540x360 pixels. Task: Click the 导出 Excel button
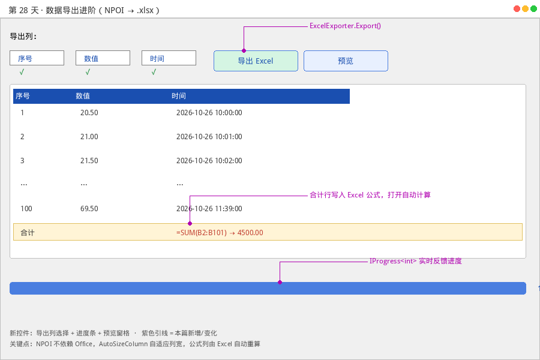(x=256, y=61)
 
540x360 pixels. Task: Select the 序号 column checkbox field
(x=37, y=58)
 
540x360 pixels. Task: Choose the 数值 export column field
(x=103, y=58)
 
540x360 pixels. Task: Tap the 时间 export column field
(x=169, y=58)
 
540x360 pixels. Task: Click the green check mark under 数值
(x=88, y=71)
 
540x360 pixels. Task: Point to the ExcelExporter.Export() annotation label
(x=345, y=26)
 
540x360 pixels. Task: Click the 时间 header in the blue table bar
(x=178, y=96)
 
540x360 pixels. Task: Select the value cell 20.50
(x=89, y=113)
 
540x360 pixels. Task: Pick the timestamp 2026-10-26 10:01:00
(x=209, y=137)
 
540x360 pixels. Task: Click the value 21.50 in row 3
(x=89, y=161)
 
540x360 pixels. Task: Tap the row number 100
(x=26, y=208)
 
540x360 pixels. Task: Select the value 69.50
(x=89, y=208)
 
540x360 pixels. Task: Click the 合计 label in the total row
(x=28, y=233)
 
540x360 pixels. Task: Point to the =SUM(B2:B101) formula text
(x=202, y=233)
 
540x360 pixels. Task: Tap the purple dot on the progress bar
(x=280, y=282)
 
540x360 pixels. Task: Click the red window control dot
(x=517, y=9)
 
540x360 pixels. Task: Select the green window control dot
(x=533, y=9)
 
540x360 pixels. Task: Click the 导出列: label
(x=23, y=36)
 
